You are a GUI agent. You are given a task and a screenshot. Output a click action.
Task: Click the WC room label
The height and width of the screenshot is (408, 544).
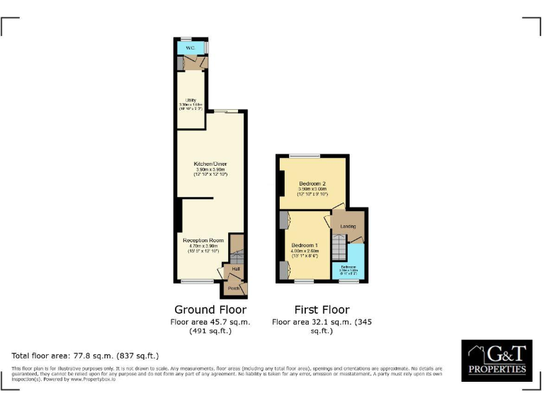click(x=190, y=48)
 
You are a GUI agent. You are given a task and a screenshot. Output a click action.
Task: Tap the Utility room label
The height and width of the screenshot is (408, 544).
click(x=191, y=100)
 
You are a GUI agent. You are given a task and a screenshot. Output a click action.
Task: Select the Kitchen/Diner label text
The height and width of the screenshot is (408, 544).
click(x=210, y=164)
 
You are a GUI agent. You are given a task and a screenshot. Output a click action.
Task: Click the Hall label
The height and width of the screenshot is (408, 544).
click(x=234, y=268)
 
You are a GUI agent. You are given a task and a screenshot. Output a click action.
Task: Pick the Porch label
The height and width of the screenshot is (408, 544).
click(x=233, y=288)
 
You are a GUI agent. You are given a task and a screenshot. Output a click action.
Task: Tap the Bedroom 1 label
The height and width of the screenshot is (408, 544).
click(x=304, y=245)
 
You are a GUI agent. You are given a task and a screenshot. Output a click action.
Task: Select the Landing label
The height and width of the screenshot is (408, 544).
click(x=348, y=227)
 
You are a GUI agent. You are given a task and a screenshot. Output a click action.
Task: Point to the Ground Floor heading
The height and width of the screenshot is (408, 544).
click(x=210, y=310)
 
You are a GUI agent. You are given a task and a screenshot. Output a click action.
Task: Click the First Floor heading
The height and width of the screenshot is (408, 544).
click(x=322, y=310)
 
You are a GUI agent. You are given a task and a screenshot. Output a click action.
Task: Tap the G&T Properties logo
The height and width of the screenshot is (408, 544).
click(x=496, y=360)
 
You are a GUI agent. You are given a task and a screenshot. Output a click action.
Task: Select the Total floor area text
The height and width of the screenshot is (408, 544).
click(x=85, y=356)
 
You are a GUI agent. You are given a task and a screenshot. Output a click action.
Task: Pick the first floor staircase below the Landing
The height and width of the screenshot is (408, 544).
click(x=340, y=249)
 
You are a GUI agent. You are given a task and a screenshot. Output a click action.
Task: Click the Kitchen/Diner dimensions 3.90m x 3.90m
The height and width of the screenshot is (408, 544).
click(x=210, y=171)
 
